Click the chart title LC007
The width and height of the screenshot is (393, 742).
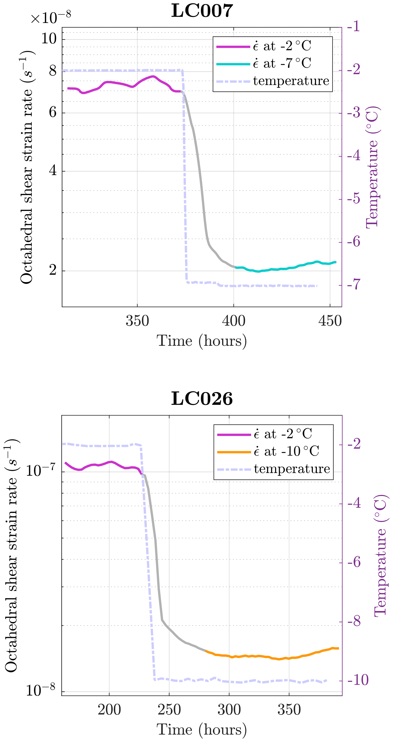[x=202, y=11]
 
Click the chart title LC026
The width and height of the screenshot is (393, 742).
[x=202, y=399]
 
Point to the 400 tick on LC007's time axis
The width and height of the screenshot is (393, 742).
[x=233, y=321]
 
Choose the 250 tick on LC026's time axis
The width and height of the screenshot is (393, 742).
[x=169, y=710]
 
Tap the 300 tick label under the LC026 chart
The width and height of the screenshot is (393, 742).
[x=229, y=710]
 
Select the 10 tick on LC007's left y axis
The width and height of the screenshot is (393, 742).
[x=49, y=38]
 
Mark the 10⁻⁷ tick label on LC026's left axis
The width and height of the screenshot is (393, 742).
[x=40, y=471]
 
